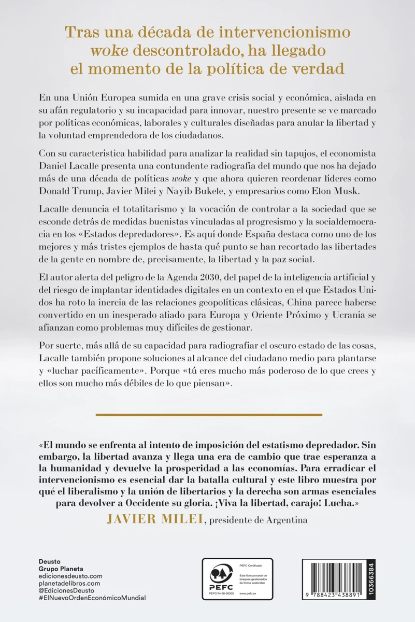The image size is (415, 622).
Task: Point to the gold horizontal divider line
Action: coord(209,415)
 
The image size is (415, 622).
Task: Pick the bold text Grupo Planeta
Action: coord(61,569)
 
